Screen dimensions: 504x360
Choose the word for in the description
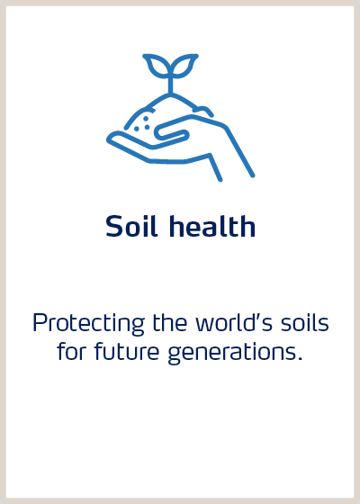[x=69, y=351]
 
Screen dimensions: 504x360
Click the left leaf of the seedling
[x=157, y=66]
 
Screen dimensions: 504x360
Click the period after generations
[x=299, y=358]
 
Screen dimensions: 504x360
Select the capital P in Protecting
[x=39, y=323]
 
